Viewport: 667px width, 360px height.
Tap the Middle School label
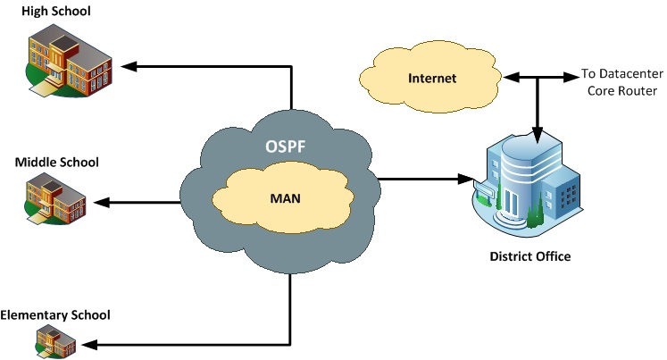[56, 162]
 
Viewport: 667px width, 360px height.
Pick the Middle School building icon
[54, 198]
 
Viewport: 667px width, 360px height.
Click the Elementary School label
[55, 314]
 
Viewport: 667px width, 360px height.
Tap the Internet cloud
[431, 79]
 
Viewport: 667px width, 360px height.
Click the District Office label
[529, 256]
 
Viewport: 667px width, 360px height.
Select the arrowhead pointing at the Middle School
[101, 202]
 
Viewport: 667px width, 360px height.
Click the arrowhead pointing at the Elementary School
[89, 344]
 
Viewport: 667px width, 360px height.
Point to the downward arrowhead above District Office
[536, 137]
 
